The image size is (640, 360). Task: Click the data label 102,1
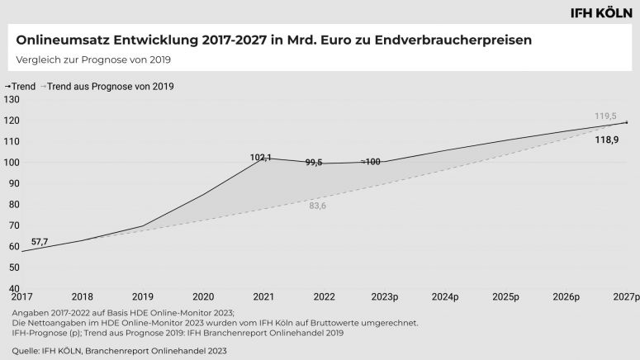[261, 157]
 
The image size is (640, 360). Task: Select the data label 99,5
[313, 163]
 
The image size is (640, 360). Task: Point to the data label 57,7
[40, 242]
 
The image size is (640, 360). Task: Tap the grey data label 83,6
[318, 206]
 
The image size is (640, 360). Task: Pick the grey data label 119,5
[606, 116]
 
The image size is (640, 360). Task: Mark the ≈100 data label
[371, 162]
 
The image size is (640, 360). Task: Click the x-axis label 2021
[263, 296]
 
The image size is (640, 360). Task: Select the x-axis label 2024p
[445, 296]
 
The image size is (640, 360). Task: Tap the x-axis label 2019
[142, 296]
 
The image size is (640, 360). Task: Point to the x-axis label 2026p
[567, 296]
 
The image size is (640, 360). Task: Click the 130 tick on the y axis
[12, 99]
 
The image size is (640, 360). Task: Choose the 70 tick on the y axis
[12, 225]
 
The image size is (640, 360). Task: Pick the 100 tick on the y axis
[12, 162]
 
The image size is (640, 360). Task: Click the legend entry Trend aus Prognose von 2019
[111, 86]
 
